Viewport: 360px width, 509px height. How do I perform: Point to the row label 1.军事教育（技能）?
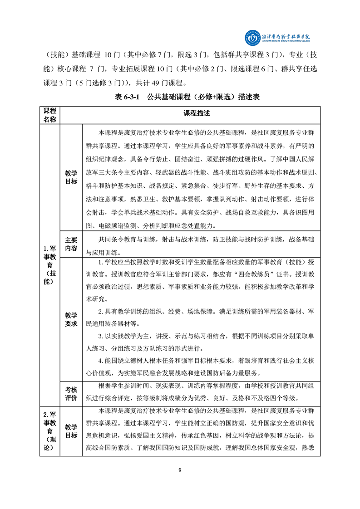tap(49, 265)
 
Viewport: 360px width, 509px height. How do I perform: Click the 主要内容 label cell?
tap(71, 244)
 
